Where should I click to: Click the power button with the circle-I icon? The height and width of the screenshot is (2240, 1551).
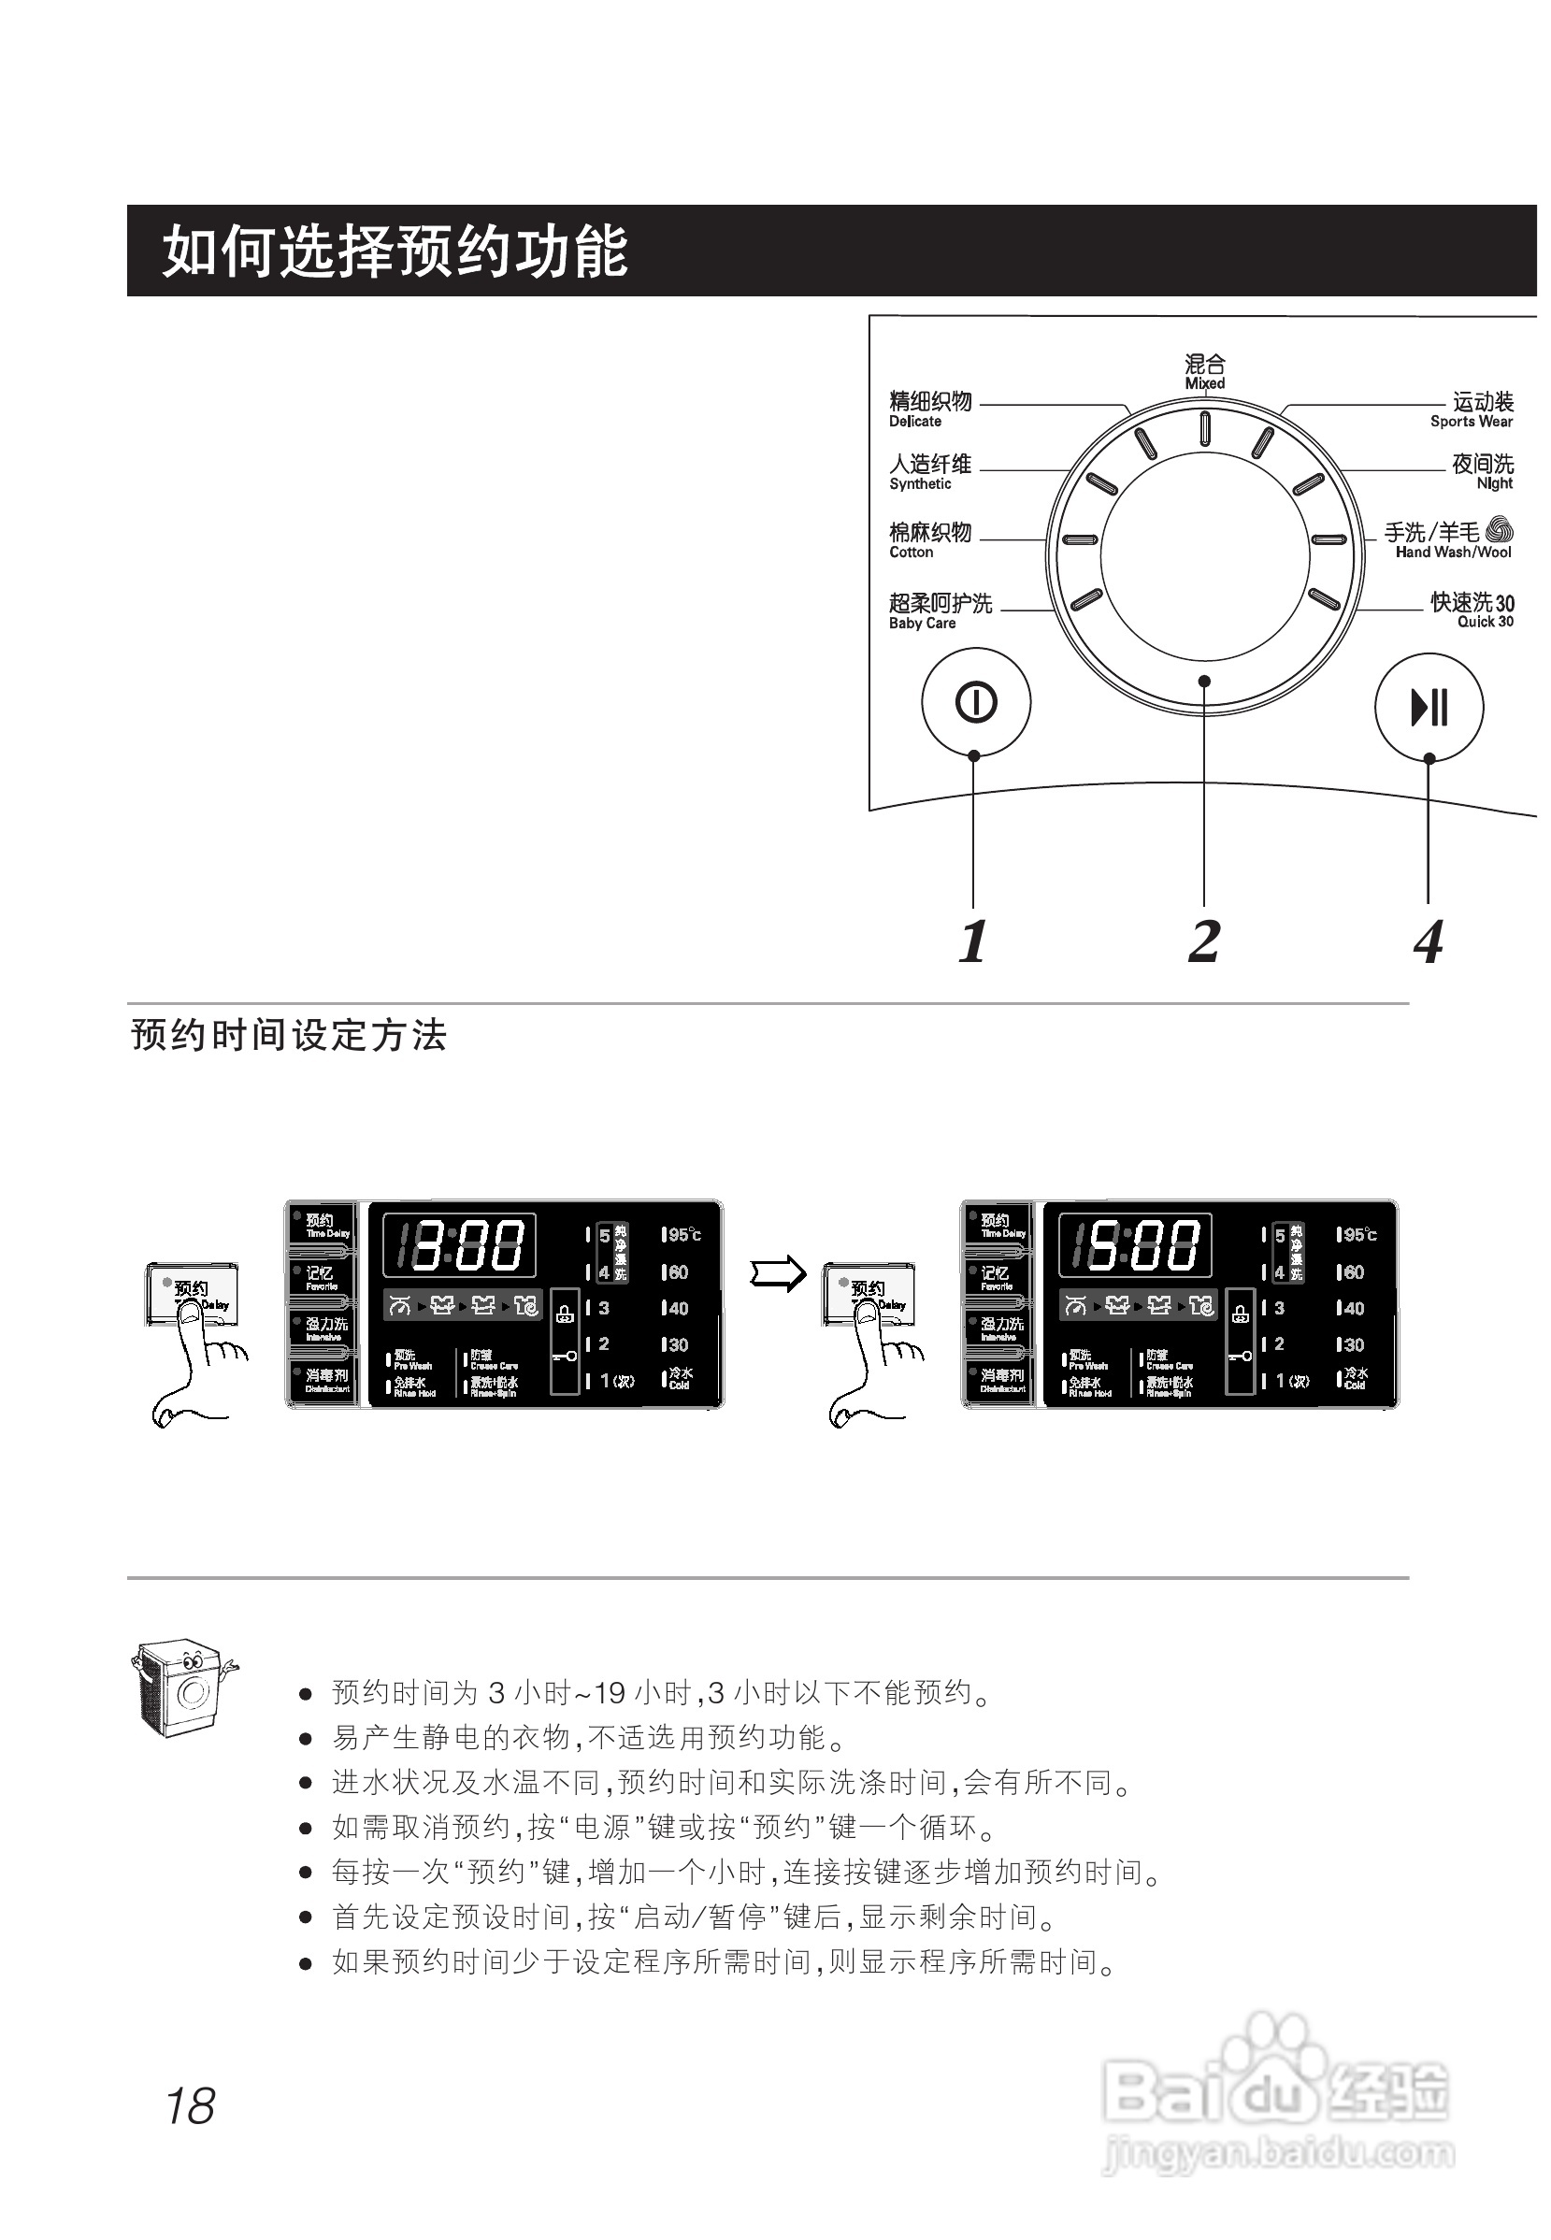(x=976, y=702)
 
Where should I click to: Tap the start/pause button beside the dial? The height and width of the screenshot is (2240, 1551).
(x=1429, y=707)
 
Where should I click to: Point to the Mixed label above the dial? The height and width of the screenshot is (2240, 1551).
(x=1205, y=372)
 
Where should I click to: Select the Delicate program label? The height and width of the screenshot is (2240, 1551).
(x=930, y=409)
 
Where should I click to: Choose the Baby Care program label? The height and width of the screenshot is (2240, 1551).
(x=940, y=611)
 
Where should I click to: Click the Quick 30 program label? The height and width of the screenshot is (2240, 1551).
(x=1472, y=610)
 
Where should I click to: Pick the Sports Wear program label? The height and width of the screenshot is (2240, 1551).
(x=1472, y=409)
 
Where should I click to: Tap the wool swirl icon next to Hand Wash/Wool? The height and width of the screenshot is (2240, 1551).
(x=1500, y=530)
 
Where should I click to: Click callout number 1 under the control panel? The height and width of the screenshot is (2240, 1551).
(x=973, y=941)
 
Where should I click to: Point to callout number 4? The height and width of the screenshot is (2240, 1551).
(x=1428, y=941)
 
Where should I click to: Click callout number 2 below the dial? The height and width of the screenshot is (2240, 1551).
(x=1203, y=941)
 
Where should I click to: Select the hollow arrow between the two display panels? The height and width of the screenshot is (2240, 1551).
(x=778, y=1273)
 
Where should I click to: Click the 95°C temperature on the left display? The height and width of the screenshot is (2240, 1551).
(x=682, y=1235)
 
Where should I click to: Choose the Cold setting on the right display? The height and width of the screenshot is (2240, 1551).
(x=1355, y=1378)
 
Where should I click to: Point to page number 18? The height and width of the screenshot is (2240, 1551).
(x=190, y=2106)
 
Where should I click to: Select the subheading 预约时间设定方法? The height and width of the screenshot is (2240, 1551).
(x=289, y=1036)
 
